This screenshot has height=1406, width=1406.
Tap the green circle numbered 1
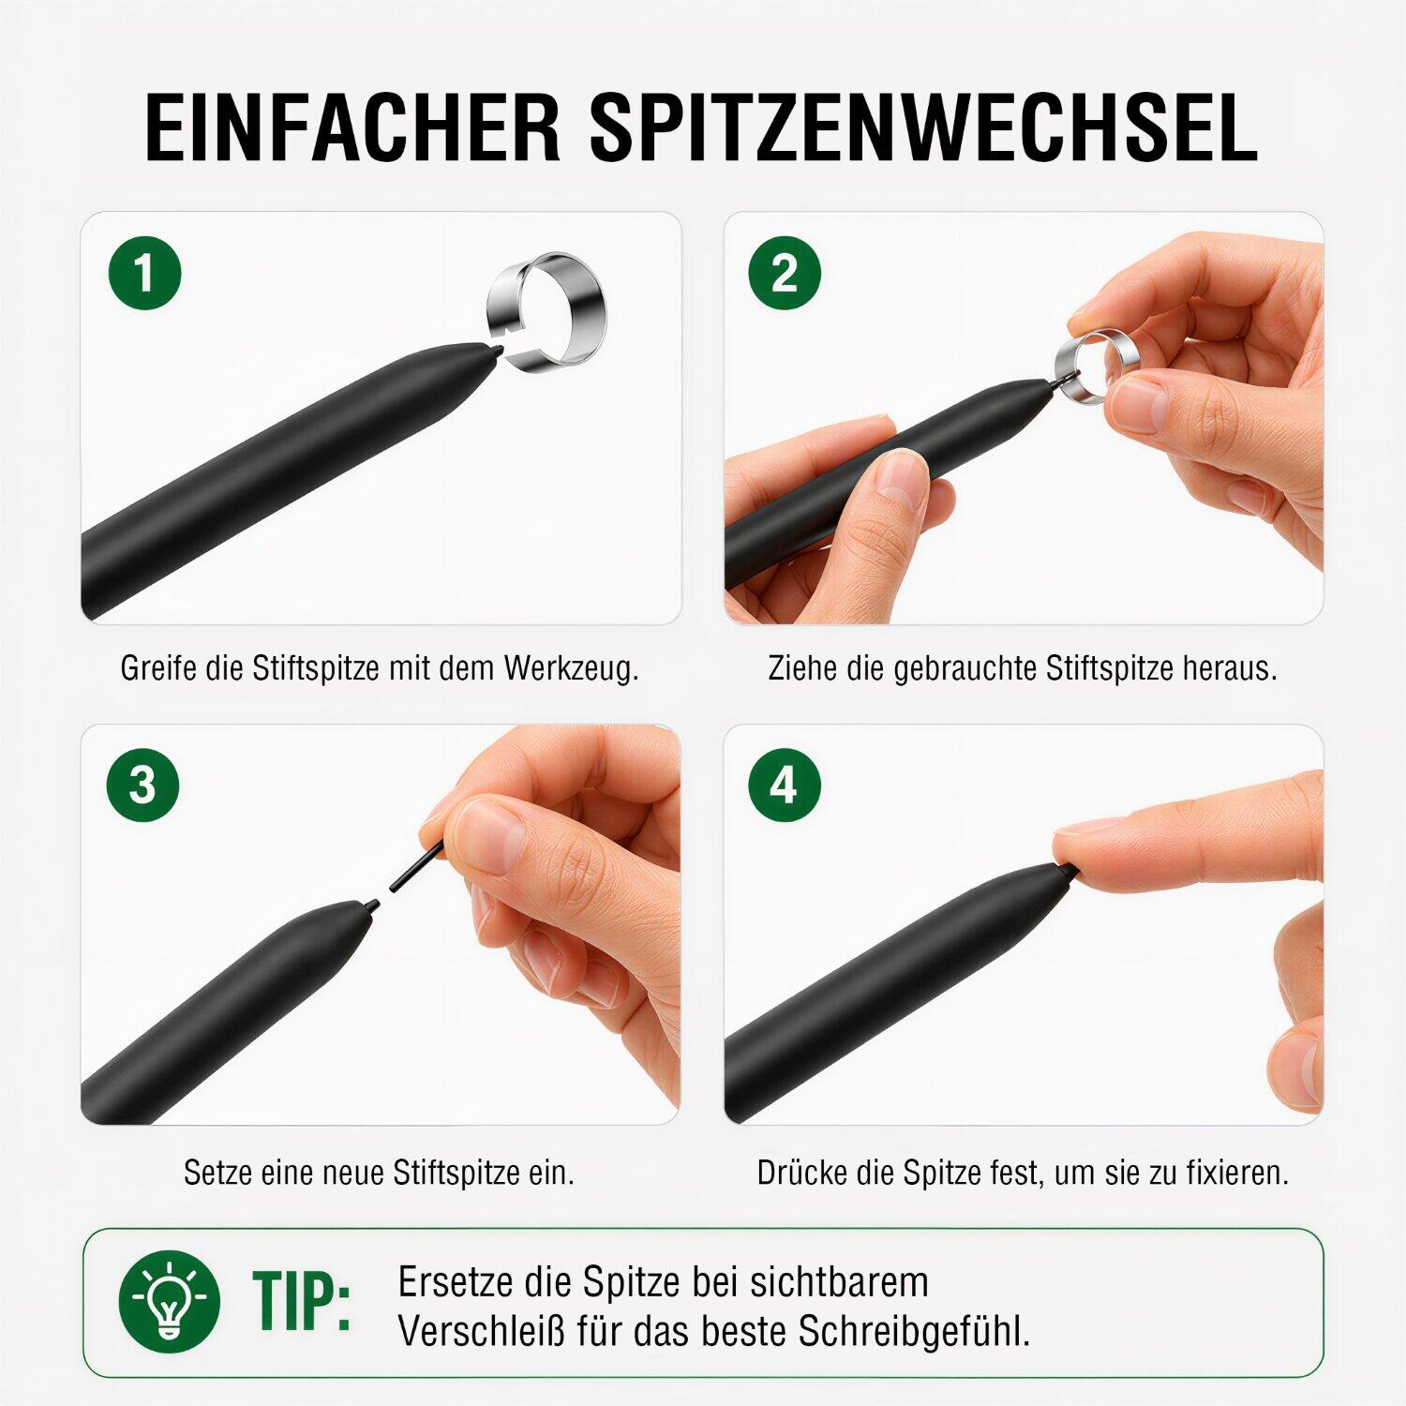point(144,275)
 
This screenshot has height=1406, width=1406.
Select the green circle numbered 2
point(785,275)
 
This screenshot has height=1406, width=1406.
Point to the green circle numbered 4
point(785,785)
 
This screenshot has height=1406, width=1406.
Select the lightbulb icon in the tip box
point(170,1300)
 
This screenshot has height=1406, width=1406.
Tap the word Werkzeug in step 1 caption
point(571,669)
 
